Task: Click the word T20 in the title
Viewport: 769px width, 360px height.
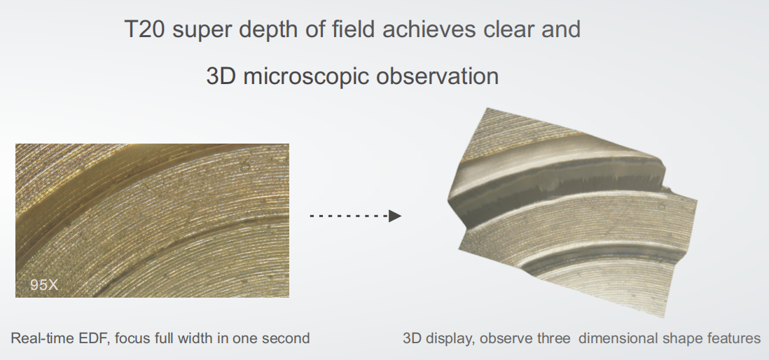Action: tap(144, 29)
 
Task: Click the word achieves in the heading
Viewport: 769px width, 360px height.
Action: tap(429, 29)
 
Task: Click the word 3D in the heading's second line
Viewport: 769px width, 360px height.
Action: tap(221, 76)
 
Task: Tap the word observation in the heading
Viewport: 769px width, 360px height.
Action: tap(438, 76)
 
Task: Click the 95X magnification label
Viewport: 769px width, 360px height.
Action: tap(44, 285)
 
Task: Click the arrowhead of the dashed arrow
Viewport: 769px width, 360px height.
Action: tap(395, 216)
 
